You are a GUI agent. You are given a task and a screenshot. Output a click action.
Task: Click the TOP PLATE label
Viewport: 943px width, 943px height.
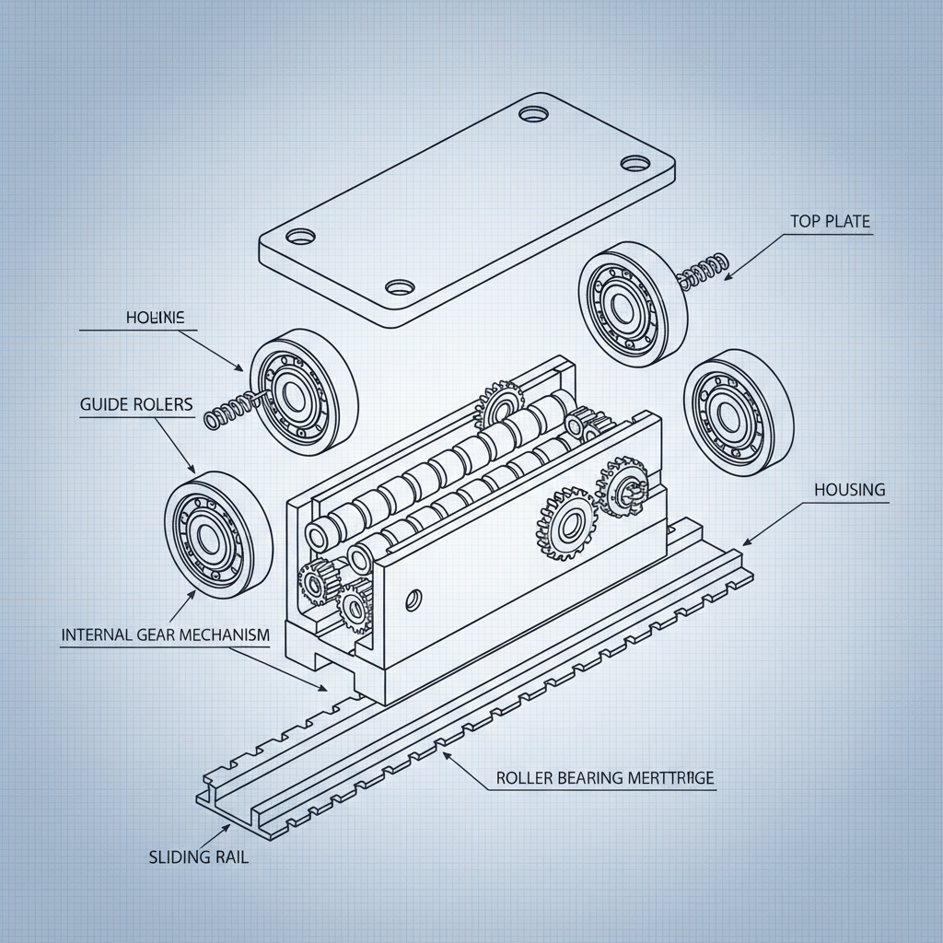[x=829, y=222]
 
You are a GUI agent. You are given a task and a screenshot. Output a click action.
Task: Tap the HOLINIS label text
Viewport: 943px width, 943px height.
[x=155, y=318]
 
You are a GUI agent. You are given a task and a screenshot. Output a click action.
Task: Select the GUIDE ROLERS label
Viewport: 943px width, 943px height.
[x=136, y=404]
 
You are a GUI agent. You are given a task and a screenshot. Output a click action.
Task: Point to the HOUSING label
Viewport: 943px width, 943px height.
[x=849, y=490]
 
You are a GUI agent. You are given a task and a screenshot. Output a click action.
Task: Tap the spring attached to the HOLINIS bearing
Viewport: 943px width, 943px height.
[x=228, y=409]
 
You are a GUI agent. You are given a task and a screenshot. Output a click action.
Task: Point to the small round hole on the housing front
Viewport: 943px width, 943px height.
[x=413, y=600]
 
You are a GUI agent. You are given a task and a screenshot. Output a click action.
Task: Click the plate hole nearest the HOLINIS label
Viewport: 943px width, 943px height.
[x=299, y=238]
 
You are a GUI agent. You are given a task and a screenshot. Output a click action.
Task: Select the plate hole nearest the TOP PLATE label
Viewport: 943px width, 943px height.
[x=634, y=163]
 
